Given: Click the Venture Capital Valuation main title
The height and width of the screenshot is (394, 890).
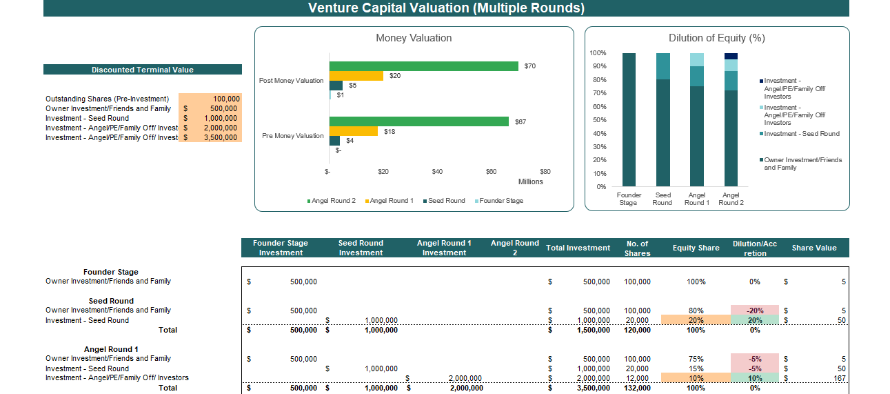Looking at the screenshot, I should (x=446, y=8).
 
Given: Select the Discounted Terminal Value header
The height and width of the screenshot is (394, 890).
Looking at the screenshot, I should (x=143, y=70).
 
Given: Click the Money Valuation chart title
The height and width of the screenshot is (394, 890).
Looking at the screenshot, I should (x=414, y=38).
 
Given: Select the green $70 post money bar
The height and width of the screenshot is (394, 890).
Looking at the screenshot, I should (x=423, y=66).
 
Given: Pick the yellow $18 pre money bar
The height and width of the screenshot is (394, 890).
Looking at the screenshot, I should (x=353, y=131).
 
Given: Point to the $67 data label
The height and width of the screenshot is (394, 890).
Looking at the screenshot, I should (x=520, y=121).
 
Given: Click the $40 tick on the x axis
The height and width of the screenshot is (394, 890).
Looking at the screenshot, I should (x=437, y=172).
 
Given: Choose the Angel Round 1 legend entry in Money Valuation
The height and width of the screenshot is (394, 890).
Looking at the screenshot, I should (x=391, y=201).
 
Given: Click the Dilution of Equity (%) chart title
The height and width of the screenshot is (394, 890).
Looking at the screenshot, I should (x=717, y=38).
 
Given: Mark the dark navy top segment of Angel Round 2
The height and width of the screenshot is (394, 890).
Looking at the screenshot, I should (x=731, y=56).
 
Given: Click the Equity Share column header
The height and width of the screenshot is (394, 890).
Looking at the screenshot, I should (x=696, y=248).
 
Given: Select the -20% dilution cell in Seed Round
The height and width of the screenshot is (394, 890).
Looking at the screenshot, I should (x=755, y=311).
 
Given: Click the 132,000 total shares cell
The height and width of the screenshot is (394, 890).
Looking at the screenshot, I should (x=636, y=388).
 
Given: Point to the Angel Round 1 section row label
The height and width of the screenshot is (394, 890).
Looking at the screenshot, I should (x=111, y=349).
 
